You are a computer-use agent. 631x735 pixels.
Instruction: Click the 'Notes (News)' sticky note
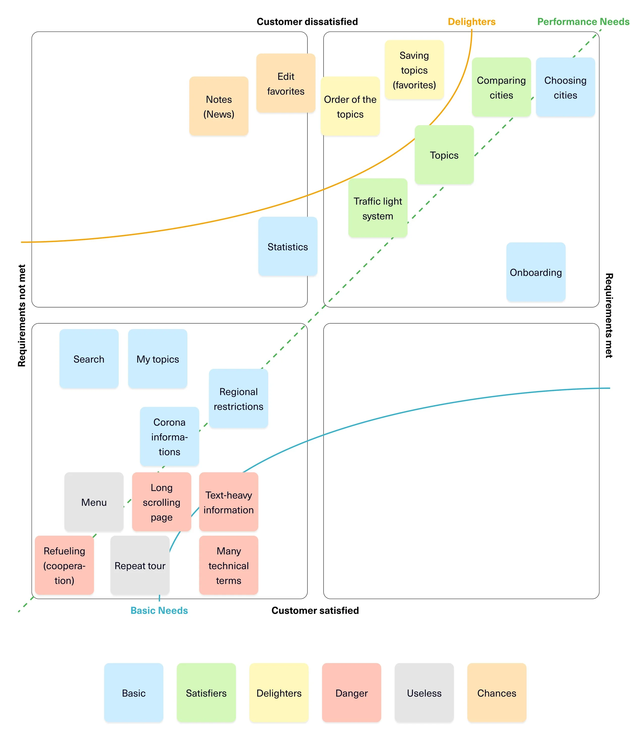pyautogui.click(x=219, y=106)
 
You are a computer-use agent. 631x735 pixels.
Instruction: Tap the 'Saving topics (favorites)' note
pyautogui.click(x=414, y=70)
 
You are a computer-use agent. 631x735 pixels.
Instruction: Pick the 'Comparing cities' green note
pyautogui.click(x=501, y=87)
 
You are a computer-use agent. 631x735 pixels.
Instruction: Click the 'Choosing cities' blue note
pyautogui.click(x=565, y=87)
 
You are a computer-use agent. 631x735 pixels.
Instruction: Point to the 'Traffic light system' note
pyautogui.click(x=378, y=208)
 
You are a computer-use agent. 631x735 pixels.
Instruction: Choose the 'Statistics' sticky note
pyautogui.click(x=287, y=246)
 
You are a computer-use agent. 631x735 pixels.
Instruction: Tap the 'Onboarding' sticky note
pyautogui.click(x=536, y=272)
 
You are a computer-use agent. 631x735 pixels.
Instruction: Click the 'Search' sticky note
pyautogui.click(x=89, y=359)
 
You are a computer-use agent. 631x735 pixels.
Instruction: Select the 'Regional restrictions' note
pyautogui.click(x=238, y=399)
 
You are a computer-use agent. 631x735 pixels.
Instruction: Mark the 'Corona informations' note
pyautogui.click(x=169, y=437)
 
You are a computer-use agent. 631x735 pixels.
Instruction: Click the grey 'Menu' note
pyautogui.click(x=94, y=502)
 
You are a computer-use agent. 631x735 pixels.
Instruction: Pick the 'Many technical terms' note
pyautogui.click(x=229, y=566)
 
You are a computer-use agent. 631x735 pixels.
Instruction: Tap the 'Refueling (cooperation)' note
pyautogui.click(x=64, y=566)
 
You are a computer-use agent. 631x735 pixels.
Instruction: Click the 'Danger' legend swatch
pyautogui.click(x=351, y=693)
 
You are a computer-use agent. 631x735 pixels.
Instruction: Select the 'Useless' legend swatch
pyautogui.click(x=424, y=693)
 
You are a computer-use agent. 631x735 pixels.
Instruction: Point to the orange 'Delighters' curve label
pyautogui.click(x=471, y=22)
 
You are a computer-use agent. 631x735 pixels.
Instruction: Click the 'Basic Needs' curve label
pyautogui.click(x=159, y=610)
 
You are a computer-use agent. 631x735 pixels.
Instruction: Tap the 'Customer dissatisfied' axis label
pyautogui.click(x=307, y=22)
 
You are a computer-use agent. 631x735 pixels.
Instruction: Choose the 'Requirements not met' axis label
pyautogui.click(x=22, y=315)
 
